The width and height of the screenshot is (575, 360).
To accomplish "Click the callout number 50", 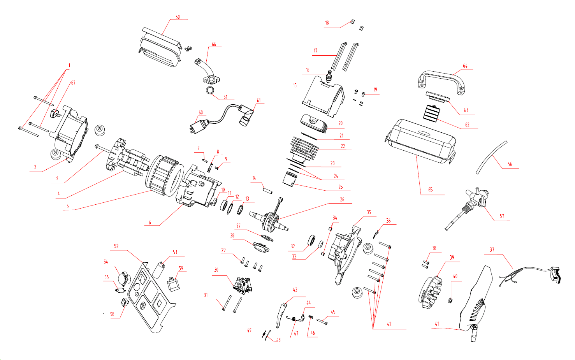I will pyautogui.click(x=178, y=17).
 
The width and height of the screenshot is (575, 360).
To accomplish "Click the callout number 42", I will pyautogui.click(x=389, y=324).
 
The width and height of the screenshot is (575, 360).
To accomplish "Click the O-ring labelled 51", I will pyautogui.click(x=210, y=91).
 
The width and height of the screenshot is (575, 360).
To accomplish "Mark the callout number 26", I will pyautogui.click(x=342, y=200).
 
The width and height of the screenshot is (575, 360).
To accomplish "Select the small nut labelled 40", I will pyautogui.click(x=450, y=300).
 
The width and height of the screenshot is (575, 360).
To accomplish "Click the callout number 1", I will pyautogui.click(x=69, y=65).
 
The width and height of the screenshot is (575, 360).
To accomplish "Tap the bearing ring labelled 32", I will pyautogui.click(x=311, y=240).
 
